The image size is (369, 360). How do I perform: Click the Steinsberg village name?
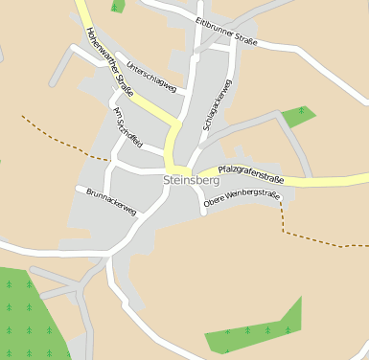(193, 179)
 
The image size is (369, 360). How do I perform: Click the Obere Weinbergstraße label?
(242, 197)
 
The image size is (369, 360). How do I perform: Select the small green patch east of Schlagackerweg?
(298, 116)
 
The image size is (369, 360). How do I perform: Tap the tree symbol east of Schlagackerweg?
(301, 112)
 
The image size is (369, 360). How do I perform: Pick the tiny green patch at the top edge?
(117, 6)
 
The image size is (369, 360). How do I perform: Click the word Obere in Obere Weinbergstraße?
(217, 201)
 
